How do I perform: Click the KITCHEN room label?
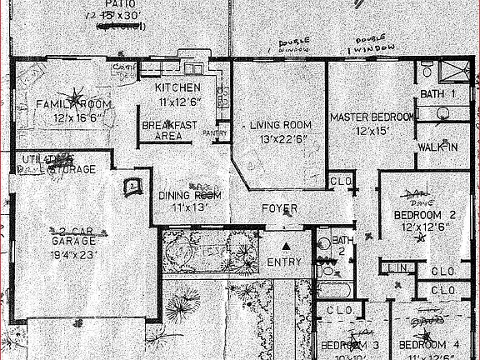(x=177, y=87)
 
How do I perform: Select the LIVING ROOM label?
(x=279, y=126)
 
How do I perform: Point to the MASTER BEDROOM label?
(x=371, y=117)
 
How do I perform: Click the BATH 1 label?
(x=437, y=92)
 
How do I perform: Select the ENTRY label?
(x=284, y=263)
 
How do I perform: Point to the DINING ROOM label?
(x=189, y=195)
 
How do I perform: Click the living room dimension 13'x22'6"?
(x=279, y=138)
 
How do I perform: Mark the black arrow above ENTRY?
(x=286, y=247)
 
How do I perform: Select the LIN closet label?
(x=397, y=267)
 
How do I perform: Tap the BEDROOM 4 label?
(x=428, y=344)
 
